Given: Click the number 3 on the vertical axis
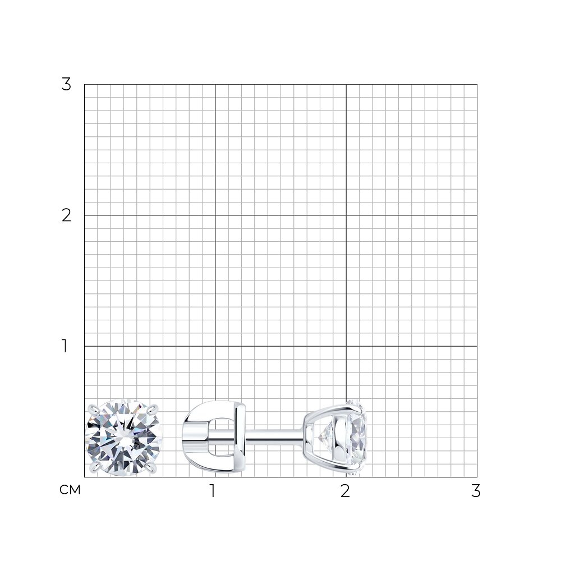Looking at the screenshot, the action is point(66,85).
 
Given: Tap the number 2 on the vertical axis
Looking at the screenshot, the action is point(67,216).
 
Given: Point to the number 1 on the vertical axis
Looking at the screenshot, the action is point(65,346).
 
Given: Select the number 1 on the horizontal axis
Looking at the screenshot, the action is point(213,491).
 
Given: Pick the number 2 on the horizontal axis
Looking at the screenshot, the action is point(345,491).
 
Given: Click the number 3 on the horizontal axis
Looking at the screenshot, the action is point(476,491).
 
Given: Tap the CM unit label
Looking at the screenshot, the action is point(70,490).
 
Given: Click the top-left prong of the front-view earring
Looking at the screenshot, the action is point(93,408).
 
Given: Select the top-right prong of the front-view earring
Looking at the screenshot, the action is point(153,408).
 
